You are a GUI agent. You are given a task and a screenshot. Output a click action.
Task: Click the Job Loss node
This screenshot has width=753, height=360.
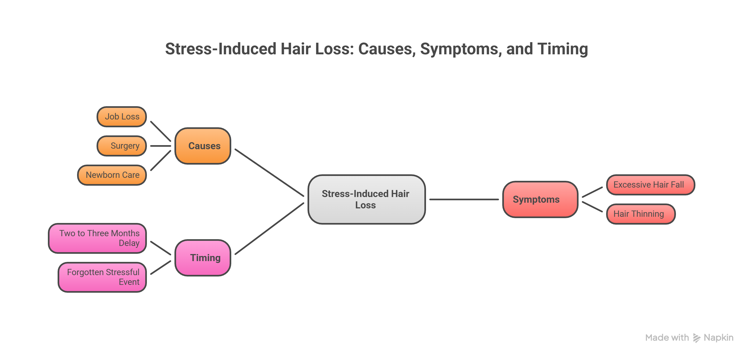coord(122,117)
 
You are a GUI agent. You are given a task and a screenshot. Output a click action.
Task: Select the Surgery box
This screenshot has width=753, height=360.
coord(122,146)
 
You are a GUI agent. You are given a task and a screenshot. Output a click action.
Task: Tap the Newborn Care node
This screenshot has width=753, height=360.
coord(112,175)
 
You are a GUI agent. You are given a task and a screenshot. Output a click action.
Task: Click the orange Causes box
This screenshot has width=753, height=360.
coord(203,146)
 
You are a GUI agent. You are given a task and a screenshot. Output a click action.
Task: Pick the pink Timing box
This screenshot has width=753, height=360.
coord(203,258)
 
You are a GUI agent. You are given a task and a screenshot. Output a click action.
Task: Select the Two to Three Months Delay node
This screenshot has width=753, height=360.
coord(97,238)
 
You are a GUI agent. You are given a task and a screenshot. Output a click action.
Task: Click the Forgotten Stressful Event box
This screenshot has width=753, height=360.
coord(102,277)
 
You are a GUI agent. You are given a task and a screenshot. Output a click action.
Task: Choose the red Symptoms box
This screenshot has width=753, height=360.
coord(540,199)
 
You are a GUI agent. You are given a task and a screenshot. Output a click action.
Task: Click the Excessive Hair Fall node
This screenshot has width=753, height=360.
coord(650,185)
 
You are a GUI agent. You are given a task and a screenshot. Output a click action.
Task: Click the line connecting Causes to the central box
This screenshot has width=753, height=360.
coord(269,172)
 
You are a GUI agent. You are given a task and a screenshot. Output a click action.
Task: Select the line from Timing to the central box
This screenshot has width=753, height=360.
coord(269,228)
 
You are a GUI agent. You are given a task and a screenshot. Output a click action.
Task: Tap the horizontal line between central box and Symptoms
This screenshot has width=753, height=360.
coord(464,199)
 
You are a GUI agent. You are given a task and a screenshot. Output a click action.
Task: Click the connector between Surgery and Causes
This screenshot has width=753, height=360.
coord(160,146)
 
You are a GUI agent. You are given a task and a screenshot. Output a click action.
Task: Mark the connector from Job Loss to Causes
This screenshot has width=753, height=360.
coord(160,131)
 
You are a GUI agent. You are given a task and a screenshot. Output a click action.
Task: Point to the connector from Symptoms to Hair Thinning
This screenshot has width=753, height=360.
coord(592,206)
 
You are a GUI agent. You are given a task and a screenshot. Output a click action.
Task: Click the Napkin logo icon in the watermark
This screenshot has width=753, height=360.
coord(696,338)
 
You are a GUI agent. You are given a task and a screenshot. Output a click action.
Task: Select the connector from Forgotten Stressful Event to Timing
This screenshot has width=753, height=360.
coord(160,267)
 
